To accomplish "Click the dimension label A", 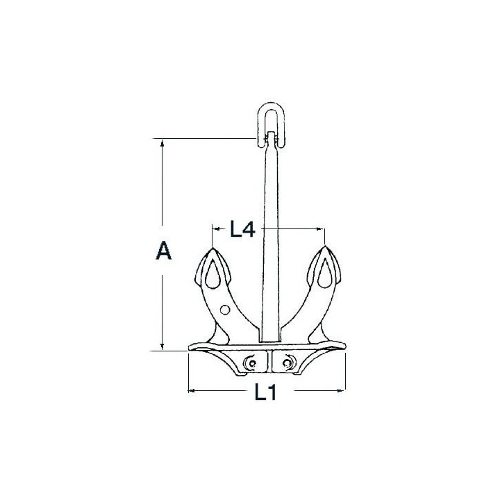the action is (x=164, y=250).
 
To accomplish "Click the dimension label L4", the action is (x=242, y=229).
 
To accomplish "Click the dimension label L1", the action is (x=265, y=392).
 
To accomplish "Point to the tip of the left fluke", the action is (x=212, y=247).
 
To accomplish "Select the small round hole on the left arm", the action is (x=225, y=309).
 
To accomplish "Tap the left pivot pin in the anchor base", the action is (x=252, y=363).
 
